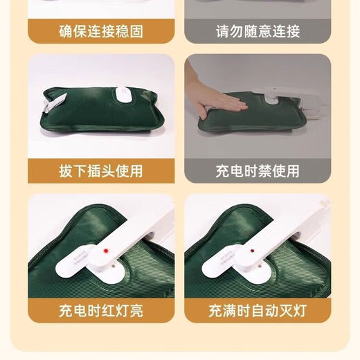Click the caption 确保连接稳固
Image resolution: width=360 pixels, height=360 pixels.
pyautogui.click(x=101, y=32)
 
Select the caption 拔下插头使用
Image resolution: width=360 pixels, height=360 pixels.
pyautogui.click(x=101, y=170)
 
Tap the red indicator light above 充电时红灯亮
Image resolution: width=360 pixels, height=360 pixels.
pyautogui.click(x=105, y=247)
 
